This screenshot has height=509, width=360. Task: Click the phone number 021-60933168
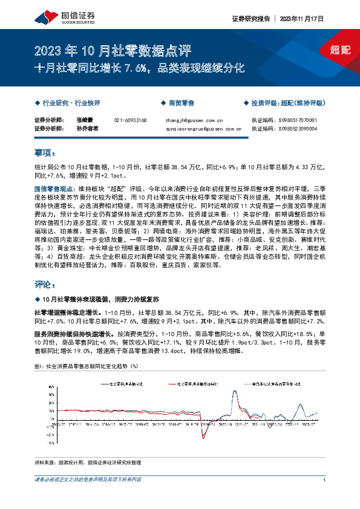click(x=130, y=120)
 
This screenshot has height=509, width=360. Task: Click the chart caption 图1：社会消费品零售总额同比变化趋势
click(x=79, y=366)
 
